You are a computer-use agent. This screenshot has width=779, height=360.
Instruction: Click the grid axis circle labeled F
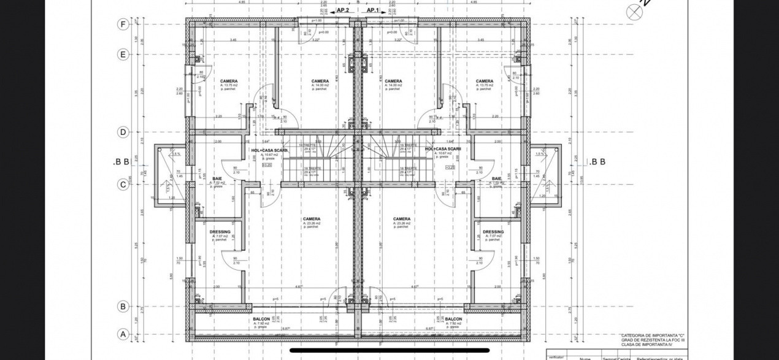[x=123, y=25]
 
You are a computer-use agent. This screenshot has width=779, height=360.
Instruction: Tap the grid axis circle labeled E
[x=123, y=54]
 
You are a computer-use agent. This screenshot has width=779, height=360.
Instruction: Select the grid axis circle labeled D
[x=123, y=132]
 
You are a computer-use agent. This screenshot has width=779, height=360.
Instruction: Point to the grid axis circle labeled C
[x=123, y=183]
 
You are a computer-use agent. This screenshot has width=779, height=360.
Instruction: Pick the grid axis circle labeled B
[x=123, y=306]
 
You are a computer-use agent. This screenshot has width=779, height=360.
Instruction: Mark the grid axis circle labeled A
[x=123, y=334]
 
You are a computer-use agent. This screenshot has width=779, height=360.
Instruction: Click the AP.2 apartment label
[x=343, y=10]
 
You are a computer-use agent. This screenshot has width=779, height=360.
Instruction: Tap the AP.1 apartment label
[x=373, y=10]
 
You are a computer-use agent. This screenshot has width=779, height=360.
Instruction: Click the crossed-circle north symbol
[x=633, y=11]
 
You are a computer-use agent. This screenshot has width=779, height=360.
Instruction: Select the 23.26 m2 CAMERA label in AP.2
[x=311, y=219]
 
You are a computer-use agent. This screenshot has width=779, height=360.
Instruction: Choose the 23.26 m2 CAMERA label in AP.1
[x=402, y=219]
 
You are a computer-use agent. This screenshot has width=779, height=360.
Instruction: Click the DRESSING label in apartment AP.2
[x=220, y=232]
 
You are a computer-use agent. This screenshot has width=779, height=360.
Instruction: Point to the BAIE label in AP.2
[x=217, y=178]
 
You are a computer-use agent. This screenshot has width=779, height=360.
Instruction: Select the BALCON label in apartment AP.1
[x=453, y=320]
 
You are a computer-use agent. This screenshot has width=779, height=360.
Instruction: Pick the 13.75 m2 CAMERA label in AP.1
[x=484, y=81]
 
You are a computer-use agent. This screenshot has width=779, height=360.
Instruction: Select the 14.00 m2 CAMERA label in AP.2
[x=320, y=81]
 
